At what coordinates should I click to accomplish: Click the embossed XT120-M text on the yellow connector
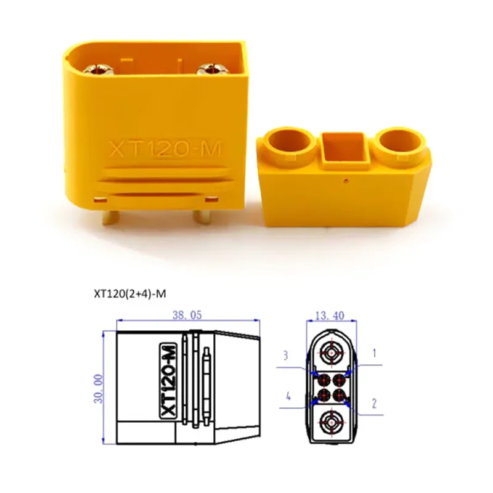165,149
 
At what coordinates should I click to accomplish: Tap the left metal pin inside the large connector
99,69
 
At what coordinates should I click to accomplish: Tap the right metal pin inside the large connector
211,69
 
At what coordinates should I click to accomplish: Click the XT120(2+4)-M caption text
130,294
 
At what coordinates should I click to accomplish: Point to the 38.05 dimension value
187,315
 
